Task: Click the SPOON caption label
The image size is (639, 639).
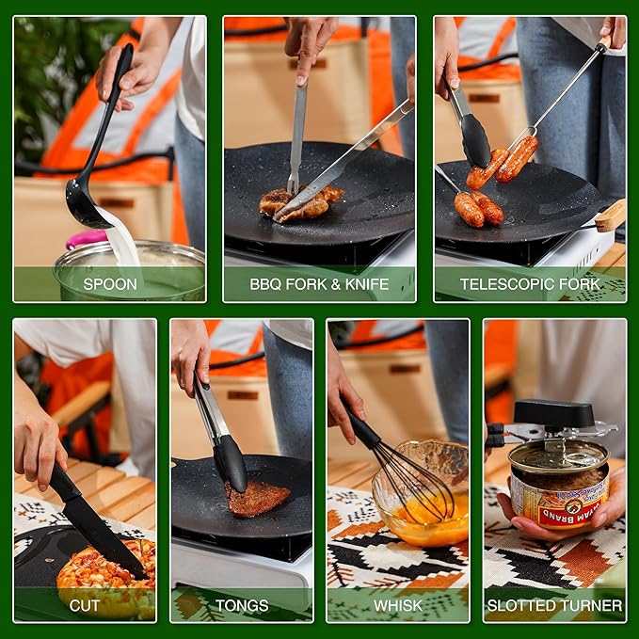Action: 110,283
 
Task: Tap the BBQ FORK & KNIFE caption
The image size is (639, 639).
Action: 319,283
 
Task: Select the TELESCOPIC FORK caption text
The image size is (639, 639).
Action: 529,283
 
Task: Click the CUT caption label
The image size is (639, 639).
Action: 85,605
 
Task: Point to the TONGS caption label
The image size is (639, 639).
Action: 242,605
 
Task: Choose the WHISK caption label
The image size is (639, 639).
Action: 398,605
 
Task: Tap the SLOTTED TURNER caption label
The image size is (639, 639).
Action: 554,605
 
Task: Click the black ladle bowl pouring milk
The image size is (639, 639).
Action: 84,205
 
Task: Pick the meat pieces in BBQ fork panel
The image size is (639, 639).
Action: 299,201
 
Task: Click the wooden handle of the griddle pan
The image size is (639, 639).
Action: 610,216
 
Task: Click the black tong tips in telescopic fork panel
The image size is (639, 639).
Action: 475,141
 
